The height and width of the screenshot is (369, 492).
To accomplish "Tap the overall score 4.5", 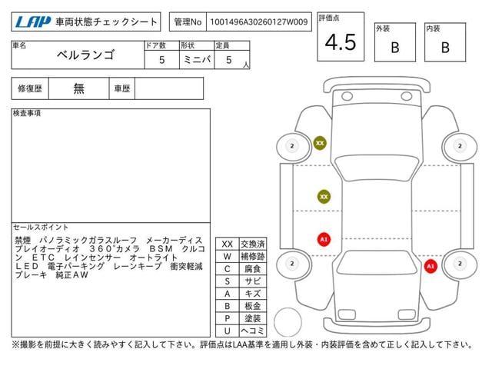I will pyautogui.click(x=341, y=42).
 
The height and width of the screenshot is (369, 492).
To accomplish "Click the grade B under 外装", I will pyautogui.click(x=394, y=47).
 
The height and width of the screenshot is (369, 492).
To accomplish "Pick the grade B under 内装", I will pyautogui.click(x=444, y=47).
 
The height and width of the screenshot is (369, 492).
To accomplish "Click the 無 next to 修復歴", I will pyautogui.click(x=78, y=88).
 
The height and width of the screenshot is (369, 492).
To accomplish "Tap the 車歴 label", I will pyautogui.click(x=122, y=88).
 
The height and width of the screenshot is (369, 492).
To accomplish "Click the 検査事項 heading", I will pyautogui.click(x=28, y=113).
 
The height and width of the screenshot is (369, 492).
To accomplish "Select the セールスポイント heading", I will pyautogui.click(x=41, y=227).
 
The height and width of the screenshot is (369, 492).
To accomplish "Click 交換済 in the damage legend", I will pyautogui.click(x=251, y=244).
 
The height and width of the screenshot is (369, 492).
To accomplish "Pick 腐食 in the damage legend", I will pyautogui.click(x=251, y=268).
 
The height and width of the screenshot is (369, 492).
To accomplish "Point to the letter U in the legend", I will pyautogui.click(x=227, y=331).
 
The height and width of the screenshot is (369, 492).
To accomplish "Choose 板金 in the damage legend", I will pyautogui.click(x=251, y=306).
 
